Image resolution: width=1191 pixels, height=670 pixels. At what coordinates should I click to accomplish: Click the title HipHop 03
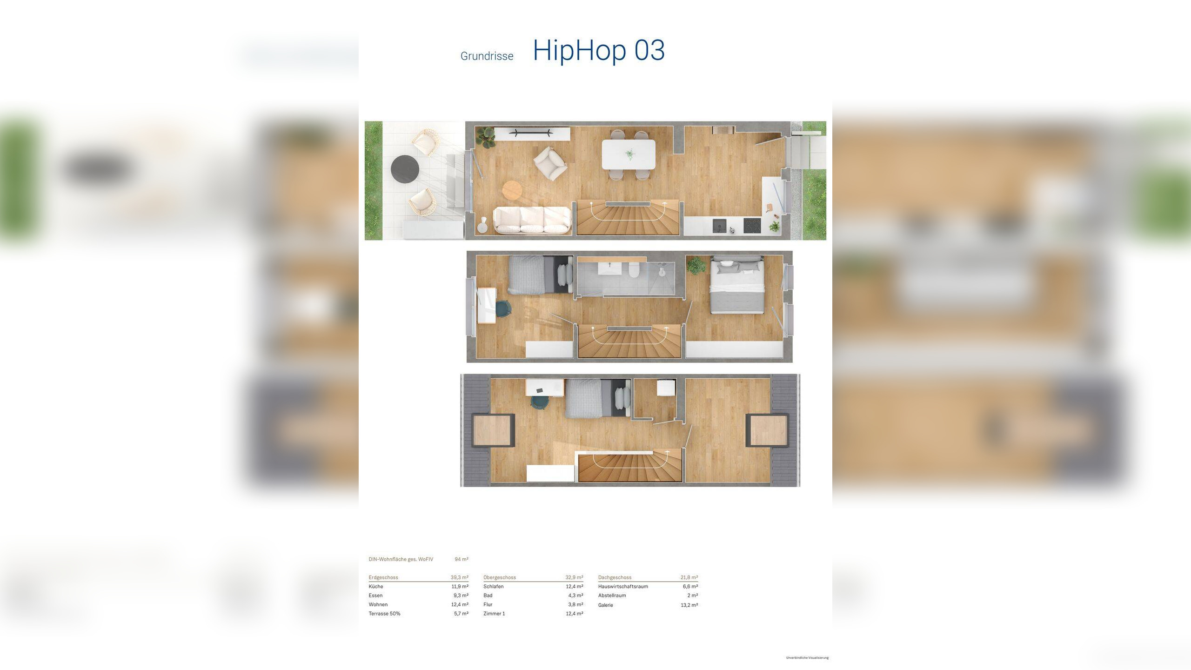pyautogui.click(x=599, y=50)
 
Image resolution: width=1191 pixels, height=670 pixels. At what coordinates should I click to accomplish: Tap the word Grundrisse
pyautogui.click(x=487, y=56)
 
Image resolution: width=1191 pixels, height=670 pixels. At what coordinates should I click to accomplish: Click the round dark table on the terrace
pyautogui.click(x=405, y=167)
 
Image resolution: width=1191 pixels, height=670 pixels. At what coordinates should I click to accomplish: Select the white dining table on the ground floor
pyautogui.click(x=629, y=154)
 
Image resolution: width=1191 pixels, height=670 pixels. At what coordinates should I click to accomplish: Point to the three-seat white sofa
pyautogui.click(x=532, y=220)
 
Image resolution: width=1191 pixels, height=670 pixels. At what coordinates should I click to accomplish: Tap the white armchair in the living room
pyautogui.click(x=550, y=163)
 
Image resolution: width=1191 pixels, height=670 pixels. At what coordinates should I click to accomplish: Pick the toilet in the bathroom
pyautogui.click(x=634, y=270)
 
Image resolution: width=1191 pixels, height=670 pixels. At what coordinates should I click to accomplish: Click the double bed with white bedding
pyautogui.click(x=736, y=285)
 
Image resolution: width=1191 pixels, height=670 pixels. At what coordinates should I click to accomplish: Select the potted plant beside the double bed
pyautogui.click(x=696, y=265)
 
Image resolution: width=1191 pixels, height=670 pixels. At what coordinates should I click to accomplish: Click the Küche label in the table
pyautogui.click(x=376, y=587)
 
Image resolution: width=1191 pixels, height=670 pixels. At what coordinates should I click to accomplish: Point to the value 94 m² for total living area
pyautogui.click(x=462, y=559)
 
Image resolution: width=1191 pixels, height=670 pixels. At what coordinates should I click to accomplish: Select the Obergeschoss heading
pyautogui.click(x=500, y=577)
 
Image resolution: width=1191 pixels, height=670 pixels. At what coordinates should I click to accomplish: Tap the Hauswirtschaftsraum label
pyautogui.click(x=623, y=587)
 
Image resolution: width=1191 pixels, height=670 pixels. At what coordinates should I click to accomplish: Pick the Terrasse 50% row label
pyautogui.click(x=384, y=614)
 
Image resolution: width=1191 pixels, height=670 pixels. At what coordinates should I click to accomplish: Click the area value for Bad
pyautogui.click(x=576, y=596)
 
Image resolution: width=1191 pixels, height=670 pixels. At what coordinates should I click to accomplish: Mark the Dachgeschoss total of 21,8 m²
pyautogui.click(x=689, y=577)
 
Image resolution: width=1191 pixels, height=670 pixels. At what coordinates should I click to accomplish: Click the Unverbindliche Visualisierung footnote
pyautogui.click(x=807, y=658)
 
